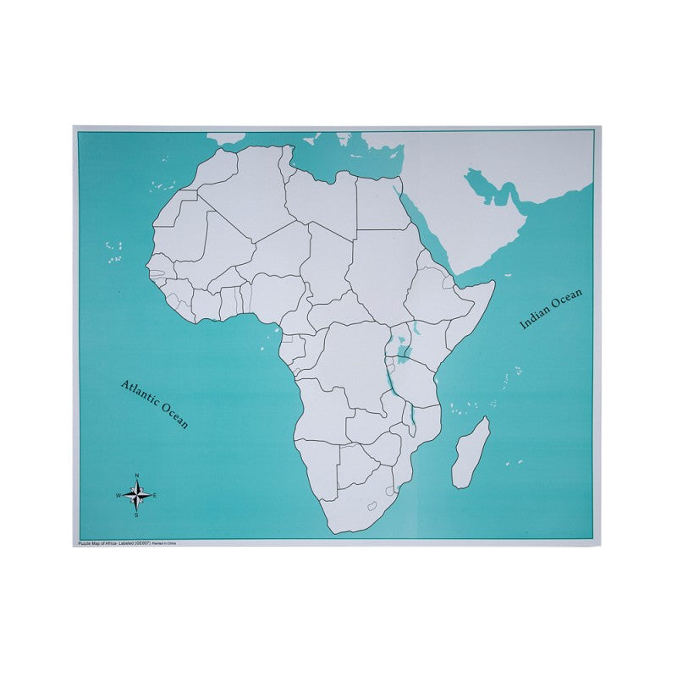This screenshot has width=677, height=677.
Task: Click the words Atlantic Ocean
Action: [x=155, y=404]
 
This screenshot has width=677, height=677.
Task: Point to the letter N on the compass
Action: [x=137, y=476]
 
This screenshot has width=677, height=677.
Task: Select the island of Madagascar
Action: [x=470, y=453]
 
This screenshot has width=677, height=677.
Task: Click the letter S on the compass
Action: [x=137, y=514]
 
